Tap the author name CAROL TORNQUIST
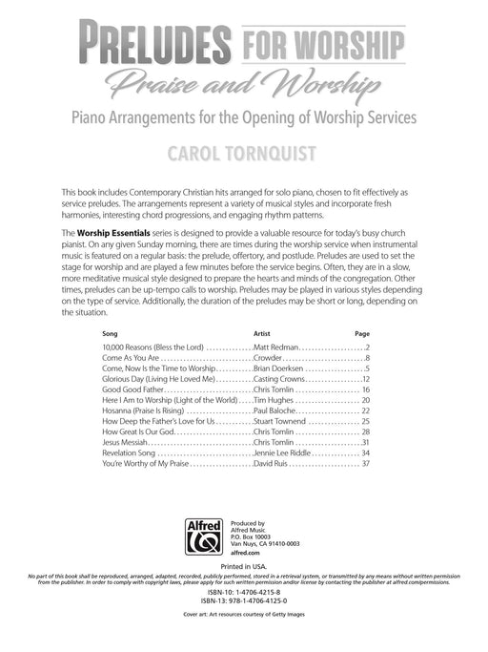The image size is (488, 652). [244, 151]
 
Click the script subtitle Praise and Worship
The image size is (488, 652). [244, 86]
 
